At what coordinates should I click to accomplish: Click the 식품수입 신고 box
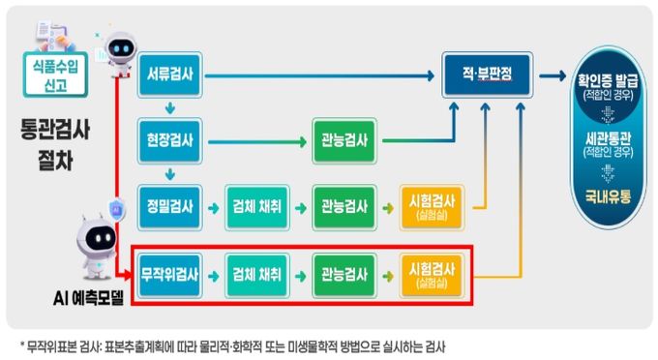coord(55,75)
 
